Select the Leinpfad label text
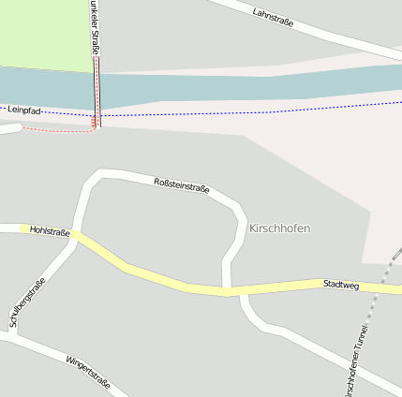(x=25, y=110)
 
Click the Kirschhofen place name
(x=279, y=228)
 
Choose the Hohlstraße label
(x=50, y=230)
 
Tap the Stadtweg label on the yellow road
(x=340, y=283)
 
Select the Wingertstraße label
(x=88, y=372)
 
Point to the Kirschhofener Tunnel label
(x=356, y=360)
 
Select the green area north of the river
(x=42, y=33)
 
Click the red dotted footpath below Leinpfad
(x=56, y=130)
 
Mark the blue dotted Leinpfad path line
(x=234, y=115)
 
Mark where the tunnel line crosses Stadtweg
(x=384, y=285)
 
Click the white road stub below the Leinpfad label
(x=7, y=128)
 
